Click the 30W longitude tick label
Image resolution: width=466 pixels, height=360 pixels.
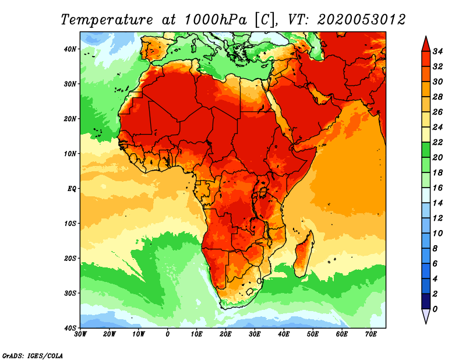(x=81, y=334)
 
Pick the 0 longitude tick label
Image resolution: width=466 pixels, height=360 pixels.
(x=168, y=334)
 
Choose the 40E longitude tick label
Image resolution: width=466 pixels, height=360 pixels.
(x=284, y=334)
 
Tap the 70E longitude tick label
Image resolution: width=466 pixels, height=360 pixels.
(x=371, y=334)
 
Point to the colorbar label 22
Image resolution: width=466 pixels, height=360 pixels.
(x=439, y=142)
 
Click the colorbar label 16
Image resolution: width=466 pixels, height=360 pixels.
(x=439, y=188)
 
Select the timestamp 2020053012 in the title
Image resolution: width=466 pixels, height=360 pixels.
(x=361, y=19)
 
